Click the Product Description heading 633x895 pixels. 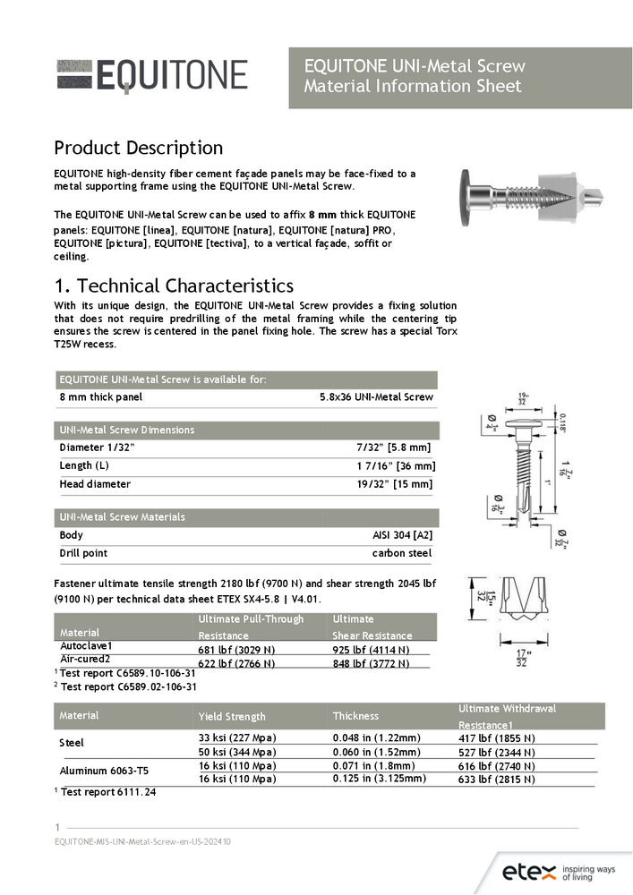pyautogui.click(x=138, y=148)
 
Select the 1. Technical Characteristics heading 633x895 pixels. pyautogui.click(x=174, y=286)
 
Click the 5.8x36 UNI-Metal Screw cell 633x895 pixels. pyautogui.click(x=376, y=396)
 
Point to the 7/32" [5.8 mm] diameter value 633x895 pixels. pyautogui.click(x=394, y=447)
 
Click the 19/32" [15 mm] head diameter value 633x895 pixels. pyautogui.click(x=394, y=484)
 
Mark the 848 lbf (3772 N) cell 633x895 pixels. pyautogui.click(x=371, y=663)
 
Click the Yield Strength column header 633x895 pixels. pyautogui.click(x=232, y=716)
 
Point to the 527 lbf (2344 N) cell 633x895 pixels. pyautogui.click(x=496, y=752)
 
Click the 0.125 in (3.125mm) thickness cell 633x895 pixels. pyautogui.click(x=379, y=779)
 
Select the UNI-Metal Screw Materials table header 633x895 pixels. pyautogui.click(x=122, y=516)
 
